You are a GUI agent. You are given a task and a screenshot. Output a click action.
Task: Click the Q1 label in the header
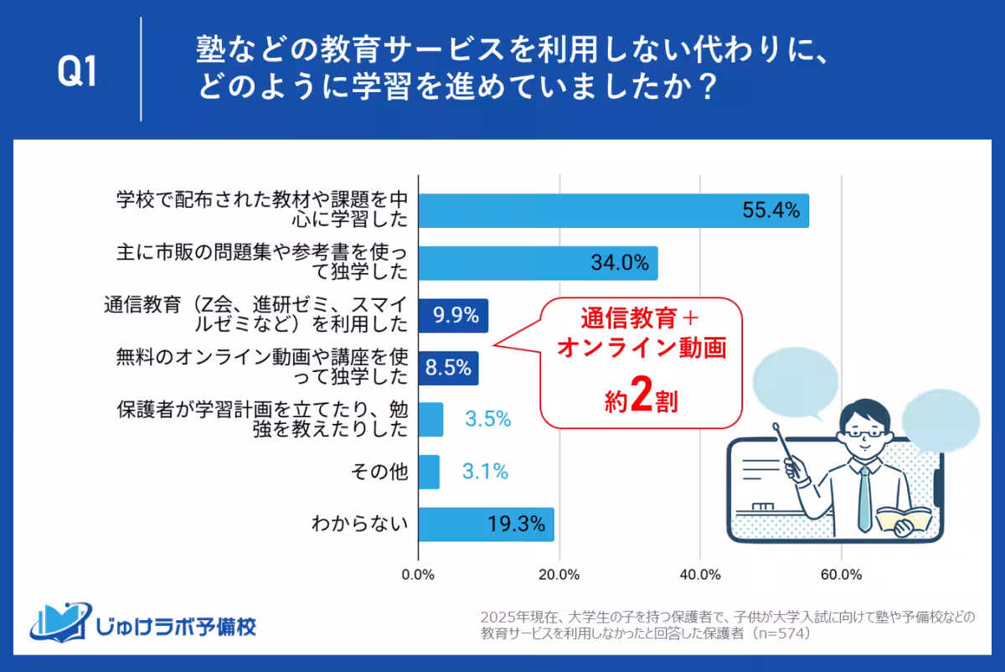pyautogui.click(x=77, y=74)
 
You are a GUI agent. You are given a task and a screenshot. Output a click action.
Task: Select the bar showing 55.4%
pyautogui.click(x=613, y=211)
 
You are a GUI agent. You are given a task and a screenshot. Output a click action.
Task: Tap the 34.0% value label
pyautogui.click(x=620, y=263)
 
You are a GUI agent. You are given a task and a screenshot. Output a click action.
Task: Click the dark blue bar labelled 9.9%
pyautogui.click(x=453, y=315)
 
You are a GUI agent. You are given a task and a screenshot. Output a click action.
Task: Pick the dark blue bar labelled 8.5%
pyautogui.click(x=448, y=368)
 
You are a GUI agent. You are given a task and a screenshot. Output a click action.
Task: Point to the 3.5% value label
pyautogui.click(x=487, y=420)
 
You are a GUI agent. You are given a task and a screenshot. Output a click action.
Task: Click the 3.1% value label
pyautogui.click(x=485, y=472)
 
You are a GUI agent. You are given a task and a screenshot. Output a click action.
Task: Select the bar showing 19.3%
pyautogui.click(x=486, y=525)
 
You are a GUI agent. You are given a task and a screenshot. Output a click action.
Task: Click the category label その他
pyautogui.click(x=382, y=473)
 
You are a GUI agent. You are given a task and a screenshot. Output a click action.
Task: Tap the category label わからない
pyautogui.click(x=360, y=525)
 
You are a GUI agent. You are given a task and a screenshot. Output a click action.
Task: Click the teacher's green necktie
pyautogui.click(x=864, y=494)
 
